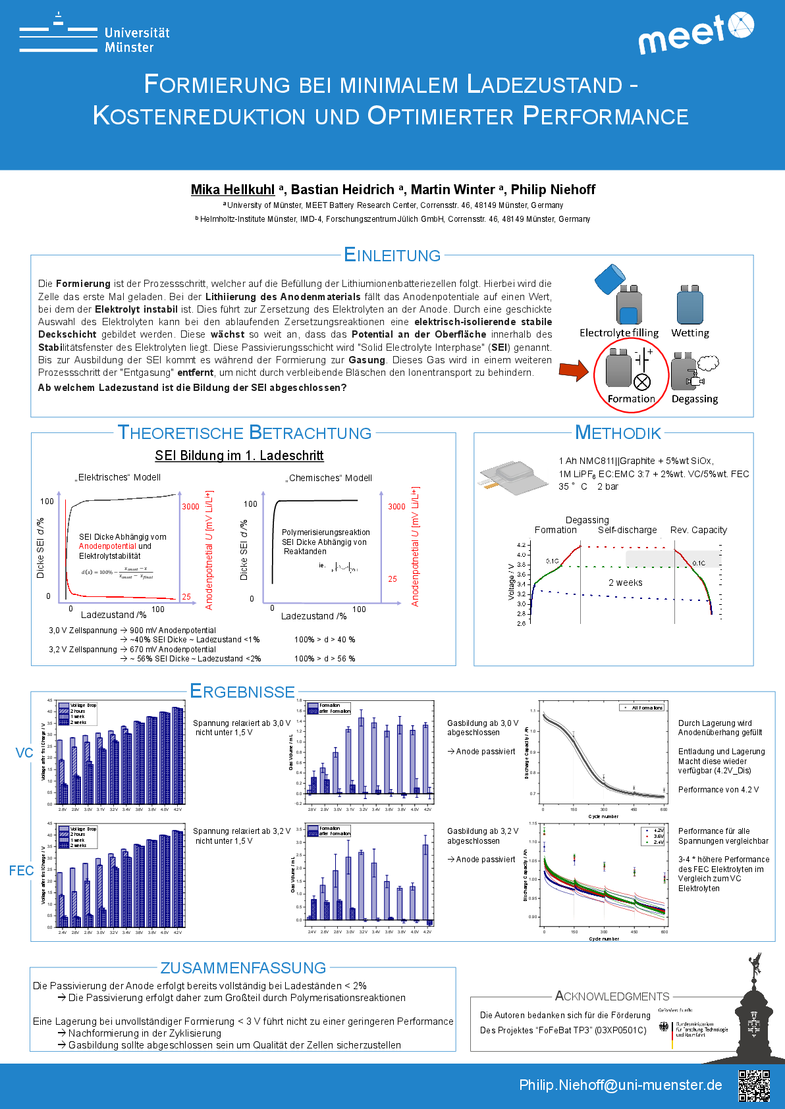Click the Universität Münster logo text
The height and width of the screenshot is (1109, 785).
click(136, 40)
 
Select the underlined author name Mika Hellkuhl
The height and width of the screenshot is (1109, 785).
click(232, 190)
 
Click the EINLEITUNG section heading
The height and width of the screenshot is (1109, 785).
click(392, 255)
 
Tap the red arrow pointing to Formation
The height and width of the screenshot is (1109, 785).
click(574, 371)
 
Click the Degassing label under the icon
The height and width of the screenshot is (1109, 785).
click(694, 399)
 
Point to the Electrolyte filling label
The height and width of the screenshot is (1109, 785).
click(618, 333)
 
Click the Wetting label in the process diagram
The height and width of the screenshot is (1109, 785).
click(690, 333)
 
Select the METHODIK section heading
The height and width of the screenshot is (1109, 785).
click(618, 433)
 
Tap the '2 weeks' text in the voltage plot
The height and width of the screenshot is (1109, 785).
click(625, 582)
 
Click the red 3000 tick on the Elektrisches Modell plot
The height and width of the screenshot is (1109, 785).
click(190, 506)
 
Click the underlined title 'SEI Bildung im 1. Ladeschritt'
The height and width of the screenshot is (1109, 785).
click(239, 455)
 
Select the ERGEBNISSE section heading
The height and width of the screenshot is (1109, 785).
click(242, 691)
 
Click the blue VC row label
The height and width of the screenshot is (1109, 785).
click(24, 753)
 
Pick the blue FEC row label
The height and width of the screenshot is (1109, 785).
click(21, 871)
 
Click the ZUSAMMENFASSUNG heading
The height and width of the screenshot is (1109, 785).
click(243, 967)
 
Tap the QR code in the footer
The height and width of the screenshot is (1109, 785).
click(754, 1085)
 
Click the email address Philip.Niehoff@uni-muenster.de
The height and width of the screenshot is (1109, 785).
click(620, 1085)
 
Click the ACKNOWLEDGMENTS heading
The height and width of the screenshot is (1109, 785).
click(612, 996)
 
